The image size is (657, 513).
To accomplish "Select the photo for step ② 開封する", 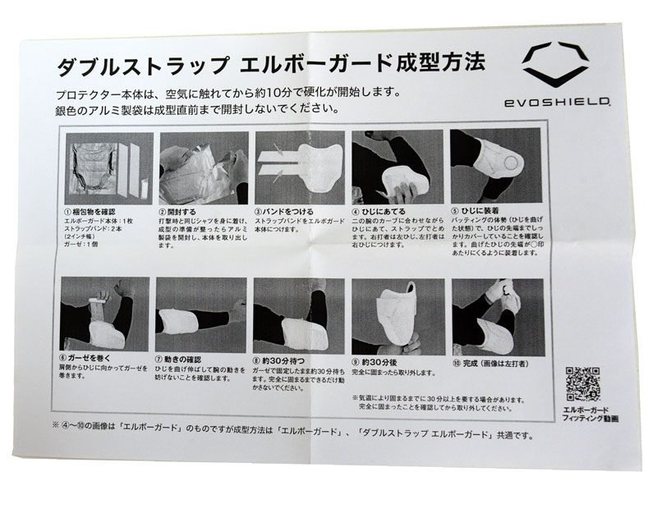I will (203, 167).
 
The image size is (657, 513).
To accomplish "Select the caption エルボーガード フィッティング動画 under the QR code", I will (587, 413).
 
